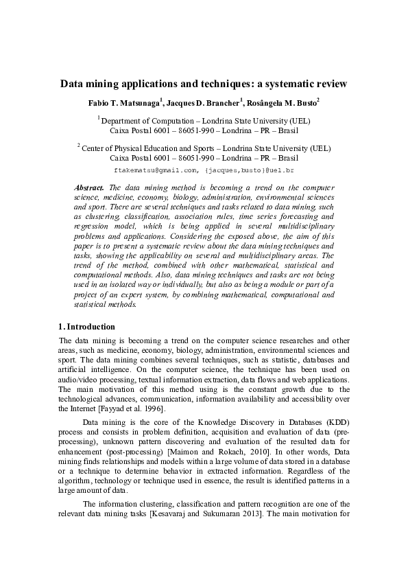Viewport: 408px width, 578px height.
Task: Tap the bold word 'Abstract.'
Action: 89,187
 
